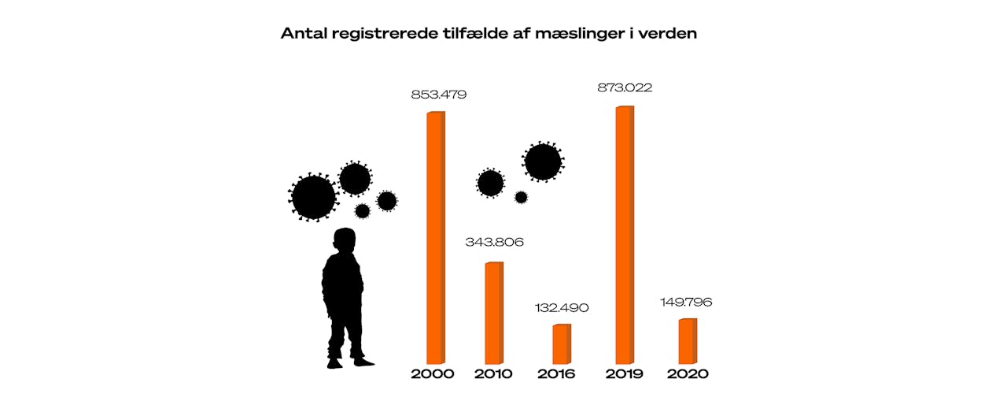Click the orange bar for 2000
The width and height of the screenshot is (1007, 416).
(435, 236)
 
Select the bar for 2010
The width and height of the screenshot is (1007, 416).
(493, 312)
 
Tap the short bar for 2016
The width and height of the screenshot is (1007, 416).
(561, 344)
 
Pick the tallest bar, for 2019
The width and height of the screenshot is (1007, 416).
(624, 234)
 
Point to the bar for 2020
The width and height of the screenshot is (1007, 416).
(687, 340)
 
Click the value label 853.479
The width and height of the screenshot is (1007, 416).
(439, 95)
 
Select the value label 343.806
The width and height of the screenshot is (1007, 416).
(495, 242)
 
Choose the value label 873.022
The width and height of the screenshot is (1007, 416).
(625, 87)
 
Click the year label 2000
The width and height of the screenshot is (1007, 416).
(433, 373)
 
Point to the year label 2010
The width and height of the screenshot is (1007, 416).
(493, 373)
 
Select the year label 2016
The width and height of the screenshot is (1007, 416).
(557, 373)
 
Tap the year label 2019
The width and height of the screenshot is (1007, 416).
(624, 373)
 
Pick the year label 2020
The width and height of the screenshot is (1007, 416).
(688, 373)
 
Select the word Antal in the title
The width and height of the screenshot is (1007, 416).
(305, 35)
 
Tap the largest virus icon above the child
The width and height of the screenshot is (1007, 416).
(313, 197)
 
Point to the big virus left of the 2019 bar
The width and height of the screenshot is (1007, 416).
(543, 162)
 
